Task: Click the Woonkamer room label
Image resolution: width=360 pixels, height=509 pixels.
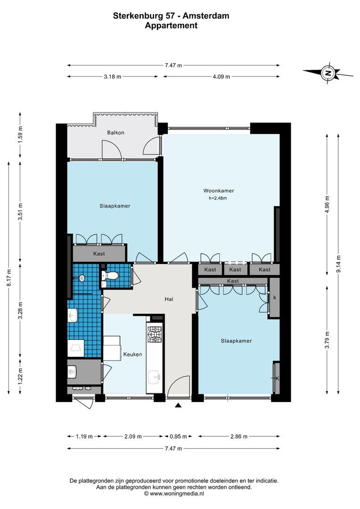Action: (x=219, y=190)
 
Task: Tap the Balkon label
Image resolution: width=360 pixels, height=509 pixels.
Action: (x=115, y=132)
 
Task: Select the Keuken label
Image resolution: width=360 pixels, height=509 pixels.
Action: (x=132, y=354)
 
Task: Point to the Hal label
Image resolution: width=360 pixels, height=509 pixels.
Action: (x=169, y=299)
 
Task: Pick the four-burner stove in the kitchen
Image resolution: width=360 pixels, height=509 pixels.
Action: (x=155, y=334)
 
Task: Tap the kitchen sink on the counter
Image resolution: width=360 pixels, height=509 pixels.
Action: (x=155, y=377)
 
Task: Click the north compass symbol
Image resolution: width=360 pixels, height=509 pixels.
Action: (x=328, y=73)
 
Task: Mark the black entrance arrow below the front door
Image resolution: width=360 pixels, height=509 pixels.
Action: (x=178, y=405)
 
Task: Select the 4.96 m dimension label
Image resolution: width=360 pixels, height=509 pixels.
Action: (x=327, y=205)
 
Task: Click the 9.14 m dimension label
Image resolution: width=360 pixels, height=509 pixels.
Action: (x=339, y=264)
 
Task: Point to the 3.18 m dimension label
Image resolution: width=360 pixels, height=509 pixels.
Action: (x=112, y=77)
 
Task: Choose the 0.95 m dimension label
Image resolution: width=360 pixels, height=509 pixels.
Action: (x=178, y=436)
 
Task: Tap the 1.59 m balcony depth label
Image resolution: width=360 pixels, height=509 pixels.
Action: (x=20, y=136)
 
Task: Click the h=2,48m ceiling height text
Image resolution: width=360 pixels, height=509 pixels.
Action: (x=218, y=198)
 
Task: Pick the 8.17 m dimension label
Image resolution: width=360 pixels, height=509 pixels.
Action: (x=9, y=278)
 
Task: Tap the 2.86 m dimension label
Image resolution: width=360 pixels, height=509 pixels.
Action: (x=239, y=436)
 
